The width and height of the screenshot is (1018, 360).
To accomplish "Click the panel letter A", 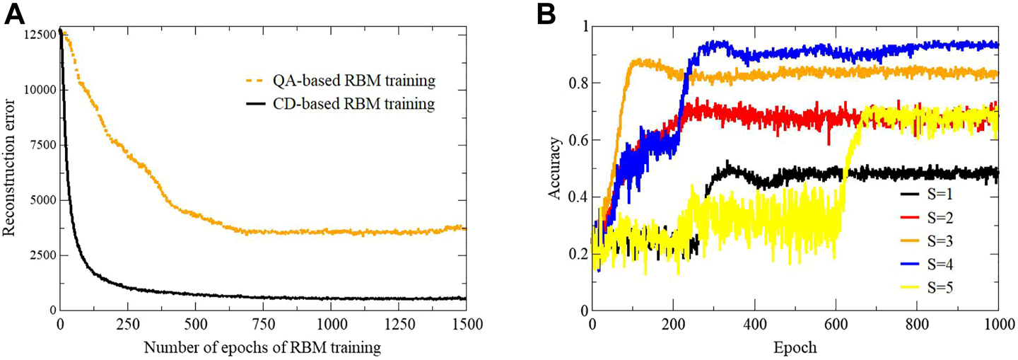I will click(x=16, y=14).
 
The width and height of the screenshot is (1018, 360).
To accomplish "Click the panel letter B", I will click(x=544, y=14).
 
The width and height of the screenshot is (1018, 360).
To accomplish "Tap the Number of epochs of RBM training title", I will click(x=263, y=348).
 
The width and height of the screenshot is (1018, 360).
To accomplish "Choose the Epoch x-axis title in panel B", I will click(x=795, y=348).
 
